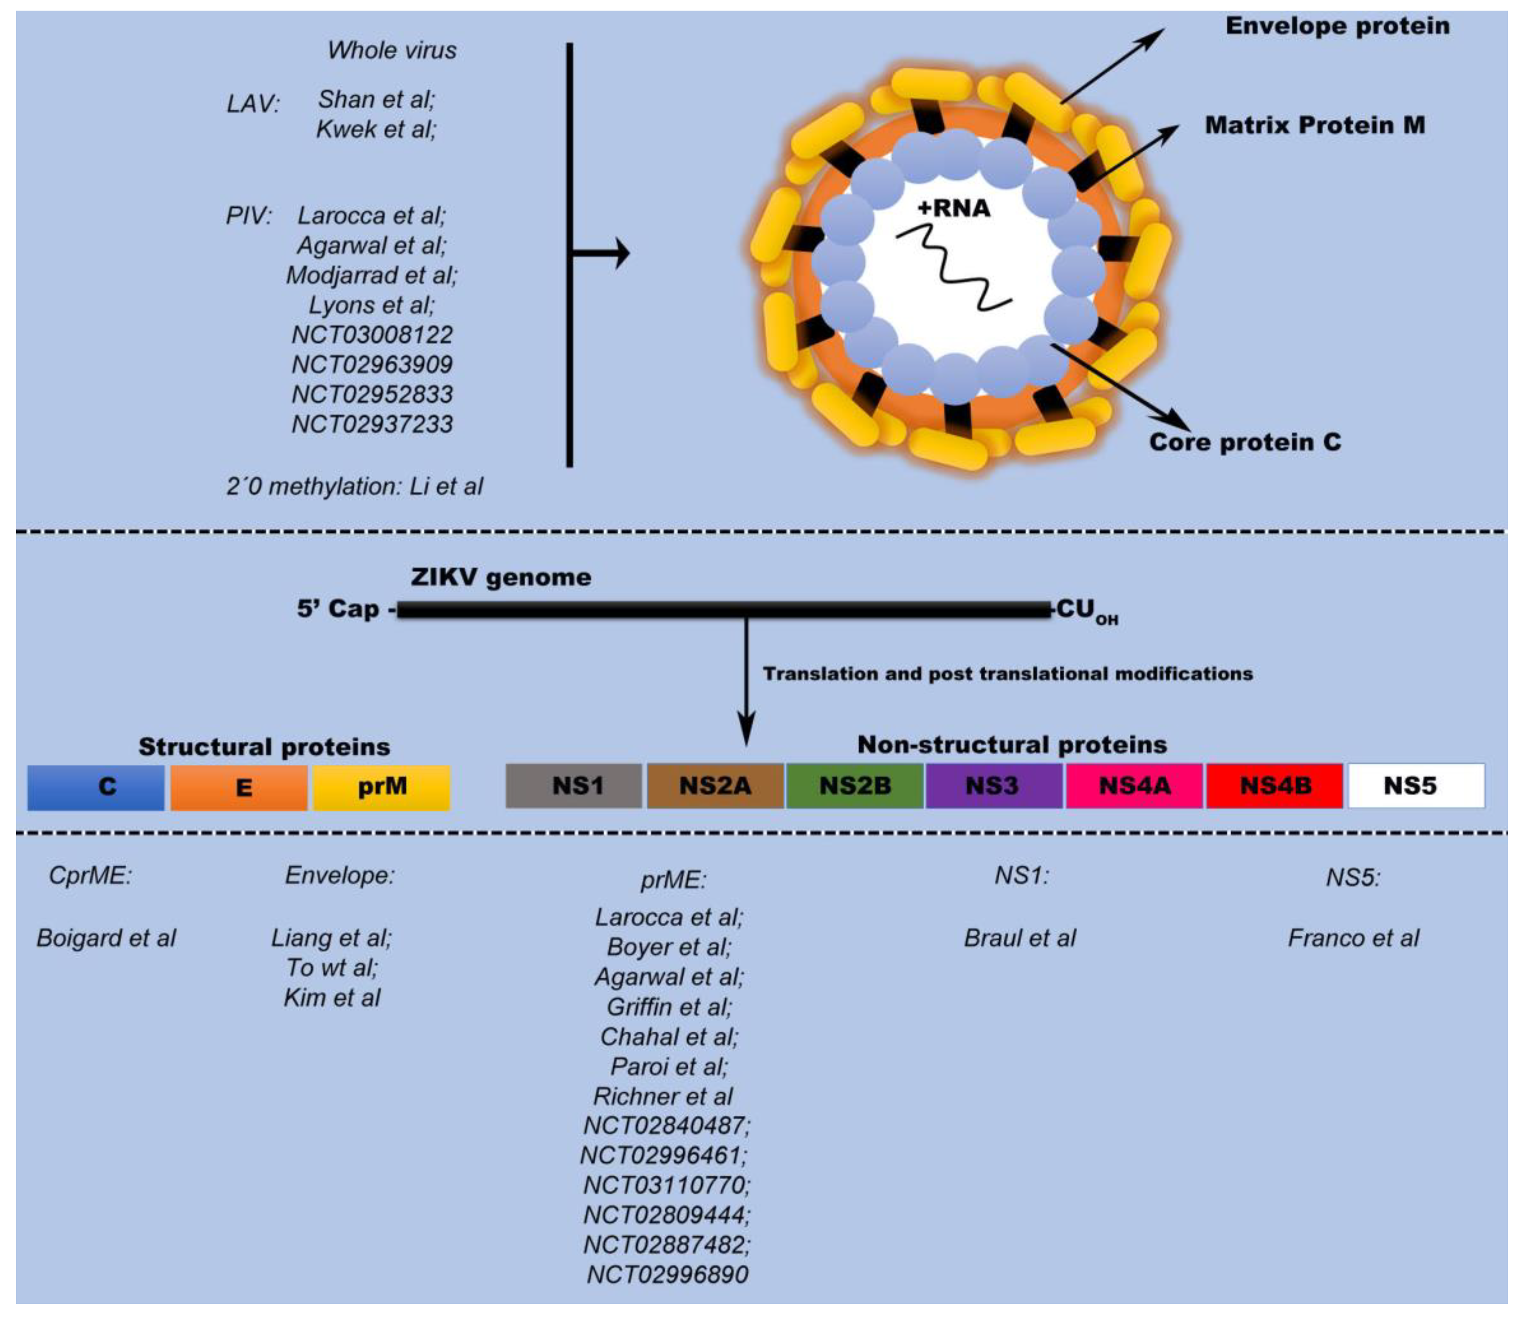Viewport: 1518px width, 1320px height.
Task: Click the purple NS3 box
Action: tap(993, 786)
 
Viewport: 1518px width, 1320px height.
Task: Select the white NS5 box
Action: tap(1416, 786)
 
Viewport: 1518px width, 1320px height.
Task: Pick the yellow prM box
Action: tap(381, 787)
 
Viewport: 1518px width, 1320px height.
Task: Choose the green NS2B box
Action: tap(855, 786)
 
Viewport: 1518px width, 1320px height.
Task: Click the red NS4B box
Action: tap(1275, 786)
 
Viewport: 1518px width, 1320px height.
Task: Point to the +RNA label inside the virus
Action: tap(954, 209)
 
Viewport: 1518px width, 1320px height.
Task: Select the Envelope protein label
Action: tap(1337, 26)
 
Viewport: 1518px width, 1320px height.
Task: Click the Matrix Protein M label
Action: tap(1315, 125)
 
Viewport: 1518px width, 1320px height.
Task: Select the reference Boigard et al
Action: tap(106, 938)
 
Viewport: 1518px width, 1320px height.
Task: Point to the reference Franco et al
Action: tap(1353, 938)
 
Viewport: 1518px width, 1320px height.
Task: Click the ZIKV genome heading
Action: tap(501, 577)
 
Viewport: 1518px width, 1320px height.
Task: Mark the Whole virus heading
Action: tap(392, 50)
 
